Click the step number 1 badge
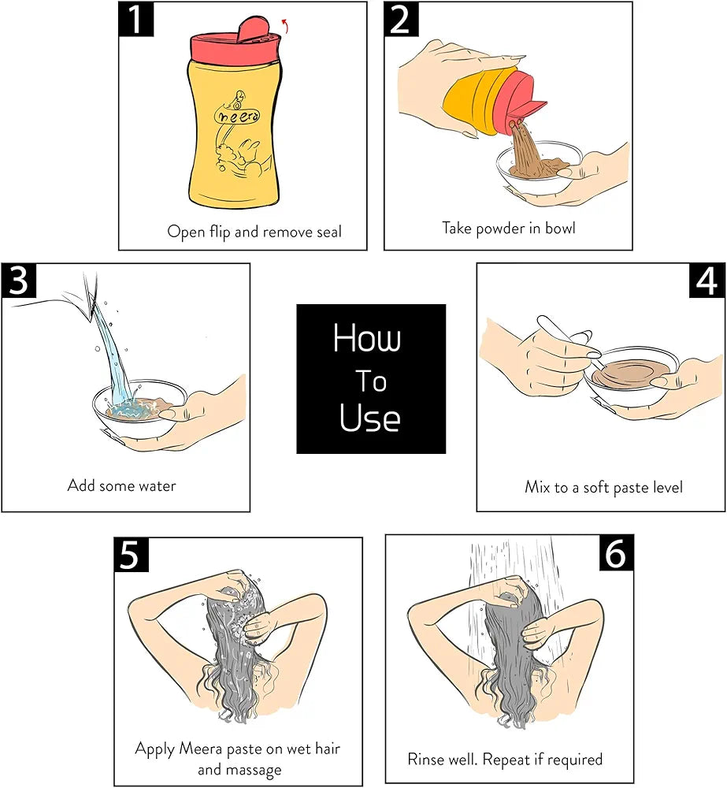tap(136, 19)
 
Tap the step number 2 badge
tap(402, 19)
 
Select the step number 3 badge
tap(19, 281)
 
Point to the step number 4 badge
tap(707, 281)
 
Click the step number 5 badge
tap(132, 555)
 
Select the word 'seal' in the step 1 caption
tap(329, 232)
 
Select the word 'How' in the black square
tap(367, 337)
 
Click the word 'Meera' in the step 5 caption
tap(201, 749)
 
